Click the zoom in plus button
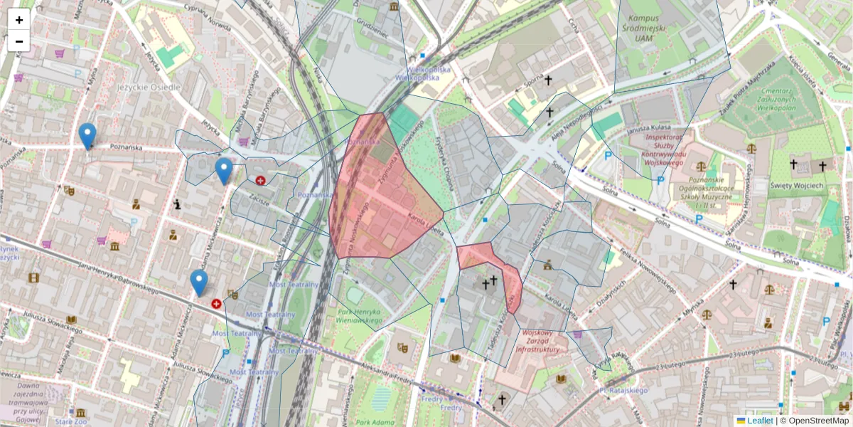(x=19, y=20)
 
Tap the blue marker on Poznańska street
(x=87, y=136)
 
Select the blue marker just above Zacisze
(x=224, y=171)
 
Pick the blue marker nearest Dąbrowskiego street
(x=199, y=283)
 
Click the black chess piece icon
(x=177, y=205)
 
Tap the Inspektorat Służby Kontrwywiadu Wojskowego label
(x=658, y=146)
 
